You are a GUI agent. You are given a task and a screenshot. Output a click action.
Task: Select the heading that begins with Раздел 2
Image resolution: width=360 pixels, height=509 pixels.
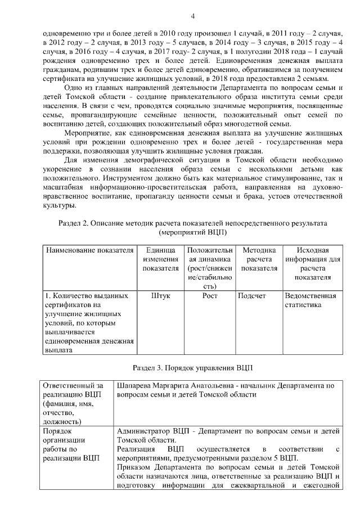192,223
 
